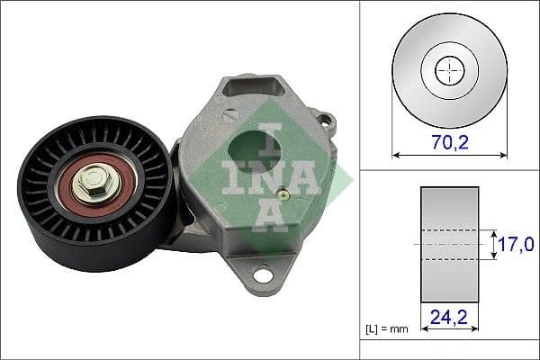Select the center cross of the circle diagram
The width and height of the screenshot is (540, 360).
click(450, 71)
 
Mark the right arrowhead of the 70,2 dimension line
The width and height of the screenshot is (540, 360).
click(503, 155)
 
